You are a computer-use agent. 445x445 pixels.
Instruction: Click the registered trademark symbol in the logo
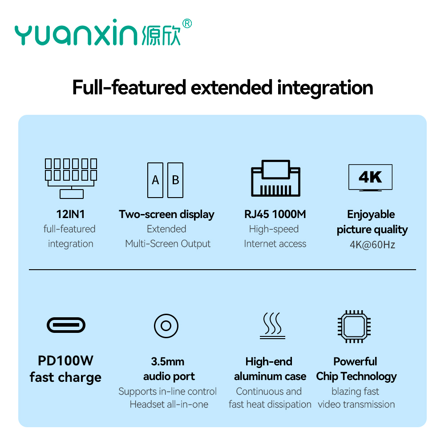(x=187, y=23)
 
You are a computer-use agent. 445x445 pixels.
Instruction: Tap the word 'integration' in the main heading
(x=325, y=88)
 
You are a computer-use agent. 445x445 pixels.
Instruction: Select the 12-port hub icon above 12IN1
(x=71, y=178)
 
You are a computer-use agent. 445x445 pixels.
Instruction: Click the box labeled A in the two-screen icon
(x=155, y=180)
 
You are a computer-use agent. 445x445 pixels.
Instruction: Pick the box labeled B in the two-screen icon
(x=175, y=180)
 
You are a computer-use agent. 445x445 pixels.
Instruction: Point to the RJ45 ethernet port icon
(x=275, y=178)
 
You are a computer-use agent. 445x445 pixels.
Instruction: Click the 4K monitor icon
(x=370, y=178)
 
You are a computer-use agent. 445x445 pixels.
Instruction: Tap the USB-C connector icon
(x=66, y=325)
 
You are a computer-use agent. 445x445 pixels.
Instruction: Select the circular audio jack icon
(x=166, y=326)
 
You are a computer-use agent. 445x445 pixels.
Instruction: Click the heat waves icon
(x=272, y=326)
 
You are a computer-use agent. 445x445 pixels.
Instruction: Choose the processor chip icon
(x=354, y=326)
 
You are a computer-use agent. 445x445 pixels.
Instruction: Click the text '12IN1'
(x=70, y=214)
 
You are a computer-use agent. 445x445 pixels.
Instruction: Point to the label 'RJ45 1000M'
(x=275, y=214)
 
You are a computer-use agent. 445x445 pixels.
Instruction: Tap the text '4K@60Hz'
(x=372, y=245)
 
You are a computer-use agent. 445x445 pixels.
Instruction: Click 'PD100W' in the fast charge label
(x=65, y=361)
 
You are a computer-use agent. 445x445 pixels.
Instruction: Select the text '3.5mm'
(x=167, y=361)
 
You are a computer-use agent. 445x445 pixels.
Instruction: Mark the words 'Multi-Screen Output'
(x=168, y=244)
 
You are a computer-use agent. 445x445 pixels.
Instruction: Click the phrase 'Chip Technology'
(x=356, y=376)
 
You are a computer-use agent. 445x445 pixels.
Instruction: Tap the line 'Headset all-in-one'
(x=169, y=405)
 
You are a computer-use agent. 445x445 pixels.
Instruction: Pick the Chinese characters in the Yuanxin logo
(x=161, y=36)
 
